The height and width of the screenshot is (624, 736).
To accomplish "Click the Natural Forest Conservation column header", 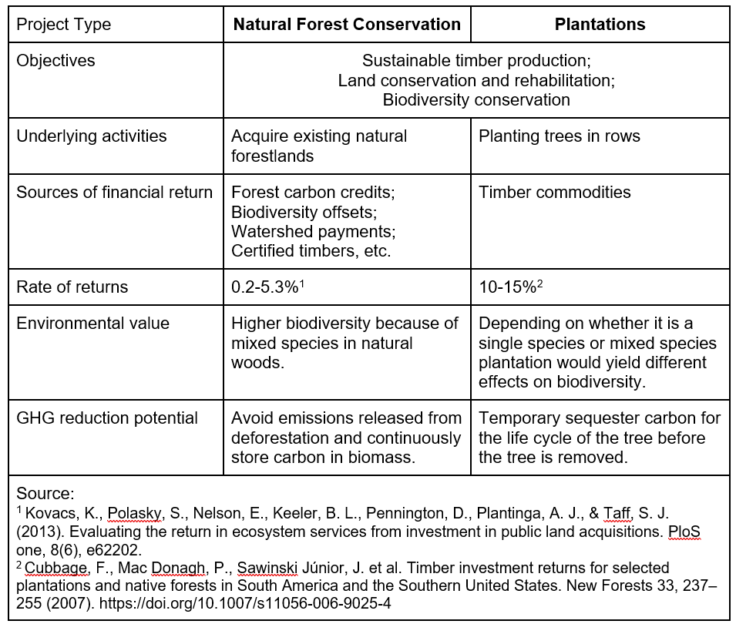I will click(347, 25).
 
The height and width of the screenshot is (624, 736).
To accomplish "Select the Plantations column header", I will click(600, 25).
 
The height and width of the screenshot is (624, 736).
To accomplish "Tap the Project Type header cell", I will click(64, 25).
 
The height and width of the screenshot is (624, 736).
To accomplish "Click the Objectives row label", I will click(55, 61).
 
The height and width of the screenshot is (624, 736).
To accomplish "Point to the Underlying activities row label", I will click(92, 136).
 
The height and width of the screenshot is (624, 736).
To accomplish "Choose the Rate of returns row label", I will click(72, 287).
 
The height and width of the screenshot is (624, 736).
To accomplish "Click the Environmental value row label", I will click(93, 324).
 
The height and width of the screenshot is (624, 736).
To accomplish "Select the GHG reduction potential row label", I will click(107, 418).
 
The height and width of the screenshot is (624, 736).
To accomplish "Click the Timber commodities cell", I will click(555, 193).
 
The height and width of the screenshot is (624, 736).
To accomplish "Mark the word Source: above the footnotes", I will click(45, 494).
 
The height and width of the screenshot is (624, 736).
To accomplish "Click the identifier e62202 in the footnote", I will click(122, 550).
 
